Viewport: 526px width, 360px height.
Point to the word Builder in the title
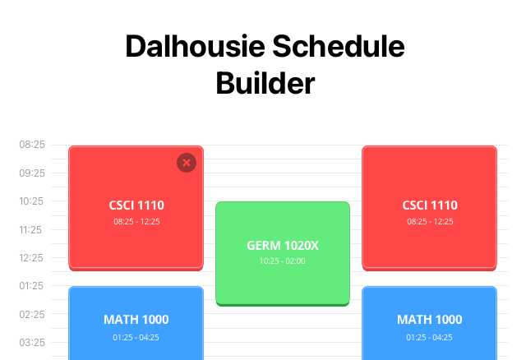[x=265, y=83]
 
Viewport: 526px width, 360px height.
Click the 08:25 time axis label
[x=32, y=145]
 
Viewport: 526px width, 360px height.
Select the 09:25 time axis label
[x=32, y=173]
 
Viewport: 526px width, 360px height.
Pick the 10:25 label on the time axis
[x=32, y=201]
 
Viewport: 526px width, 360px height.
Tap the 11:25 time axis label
[x=32, y=230]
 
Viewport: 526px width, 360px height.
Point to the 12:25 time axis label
[x=32, y=258]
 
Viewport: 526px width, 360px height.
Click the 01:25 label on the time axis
[x=32, y=286]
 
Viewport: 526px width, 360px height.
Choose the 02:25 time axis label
[x=32, y=315]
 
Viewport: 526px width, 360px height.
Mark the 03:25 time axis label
[x=32, y=343]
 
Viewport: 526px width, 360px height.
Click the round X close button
[x=187, y=163]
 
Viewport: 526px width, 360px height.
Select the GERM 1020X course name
[x=282, y=246]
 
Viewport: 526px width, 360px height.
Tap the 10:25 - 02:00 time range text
[x=282, y=261]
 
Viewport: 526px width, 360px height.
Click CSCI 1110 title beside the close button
[x=136, y=205]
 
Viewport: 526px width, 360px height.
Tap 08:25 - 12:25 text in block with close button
[x=136, y=221]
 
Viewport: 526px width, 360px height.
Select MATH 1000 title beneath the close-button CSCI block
[x=136, y=320]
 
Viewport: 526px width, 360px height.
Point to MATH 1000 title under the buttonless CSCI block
[x=429, y=320]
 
